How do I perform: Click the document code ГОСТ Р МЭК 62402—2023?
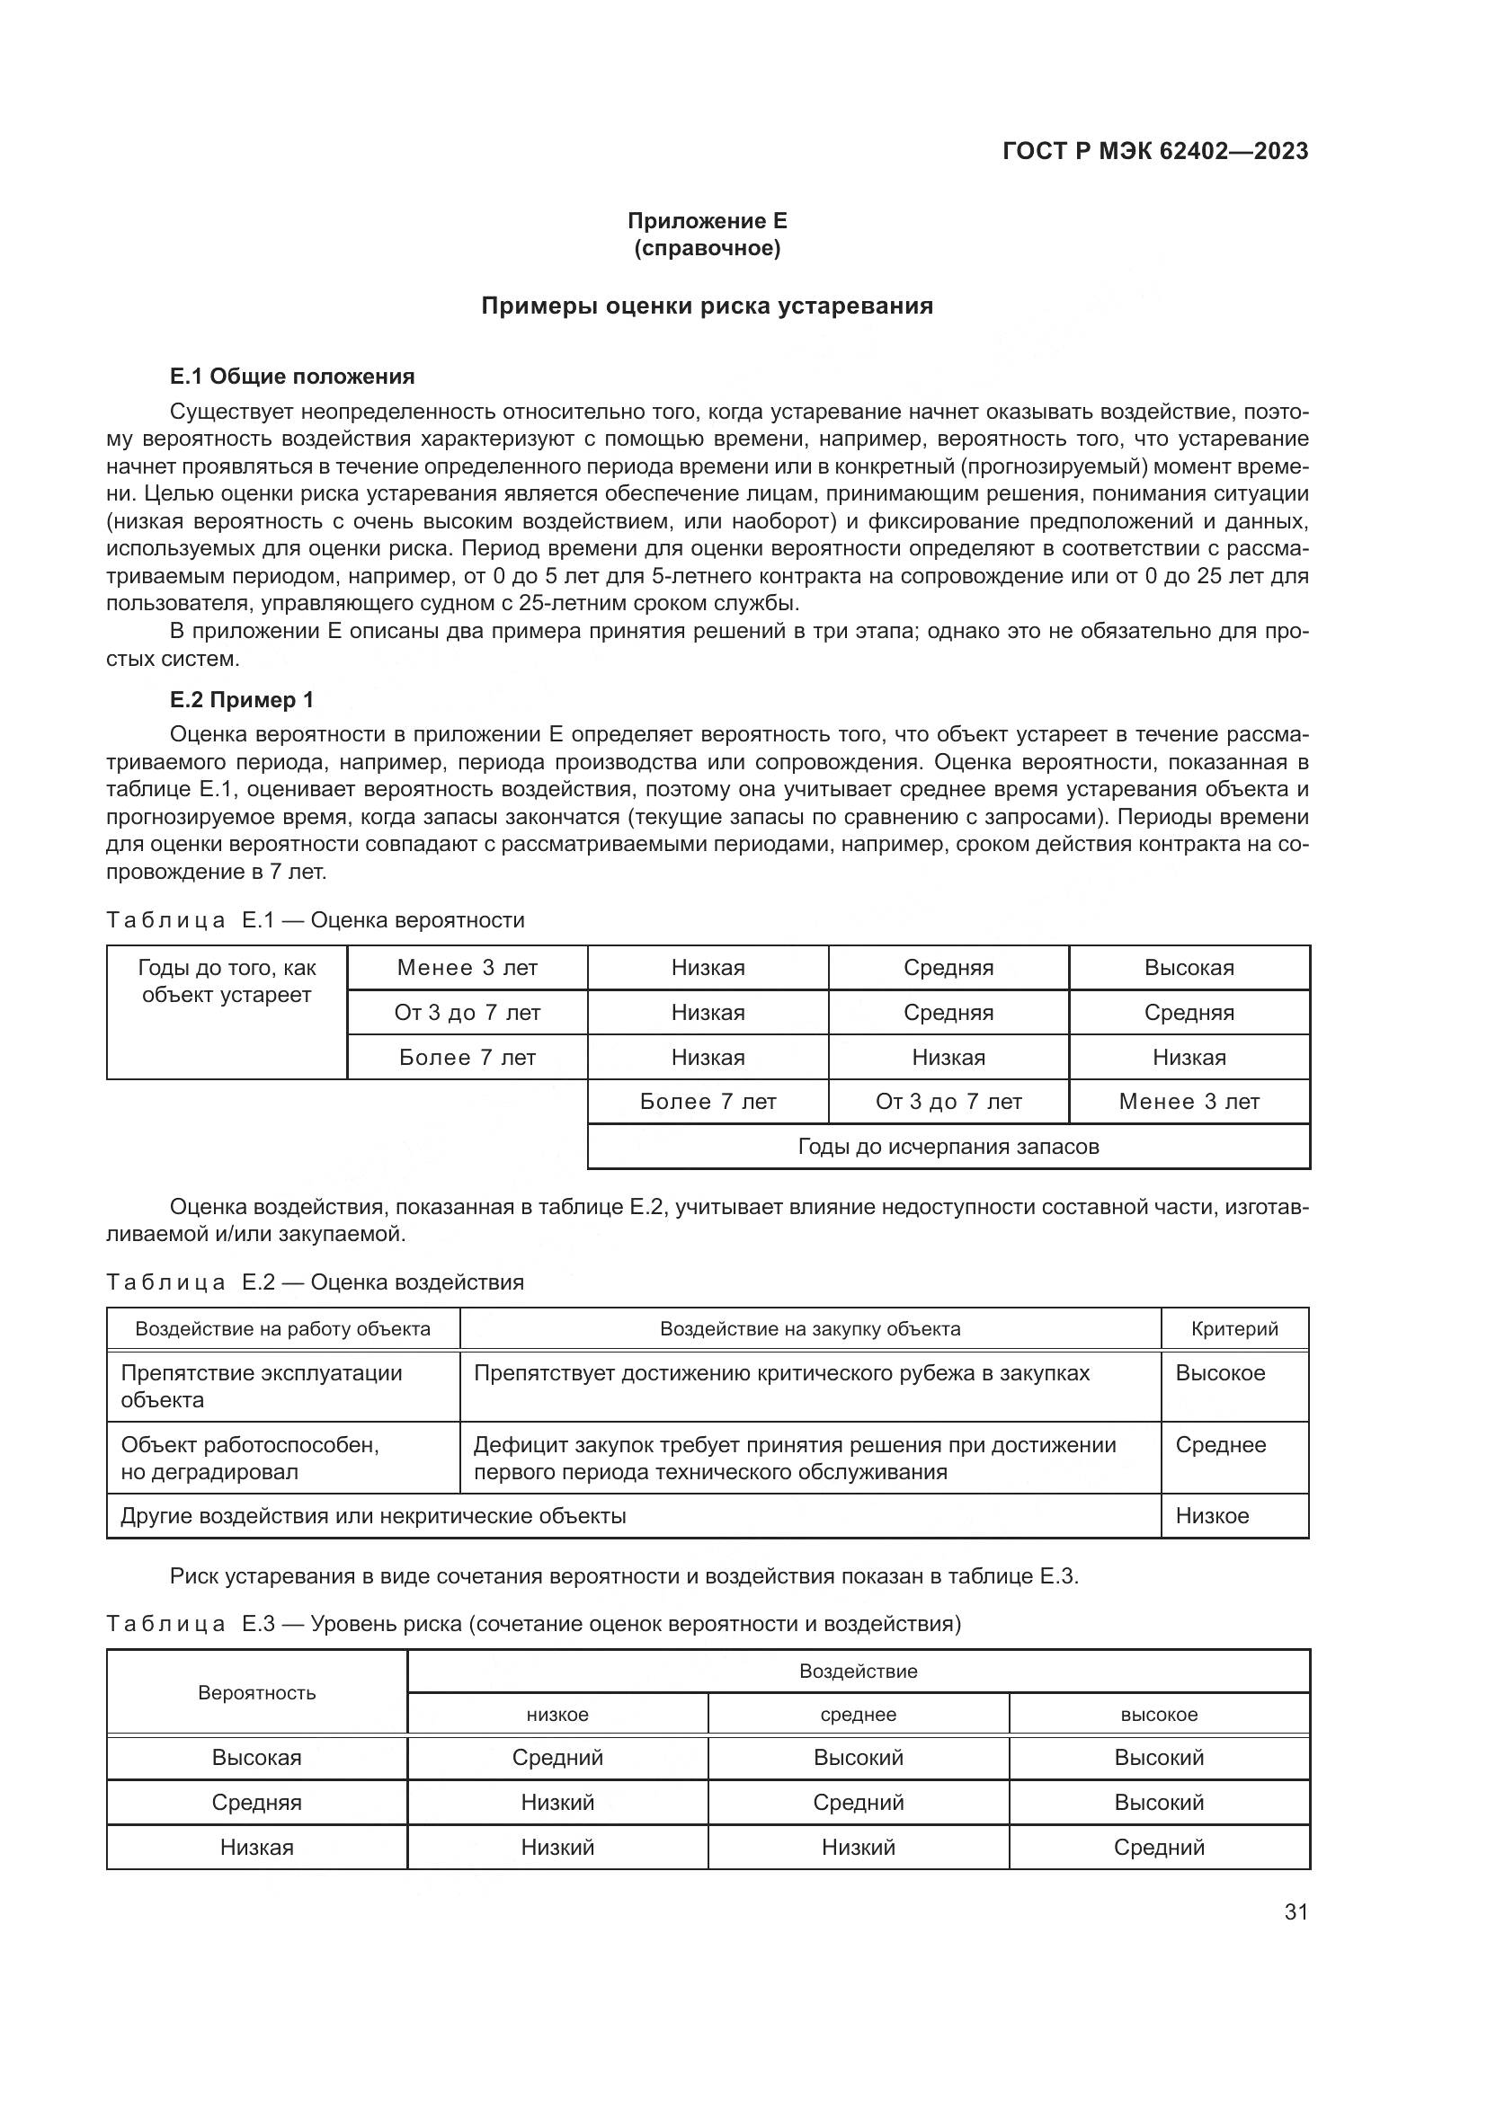tap(1154, 151)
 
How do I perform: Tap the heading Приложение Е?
tap(707, 221)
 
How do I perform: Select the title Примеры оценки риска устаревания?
tap(707, 306)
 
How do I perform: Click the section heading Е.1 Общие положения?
tap(292, 377)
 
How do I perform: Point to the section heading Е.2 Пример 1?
tap(242, 699)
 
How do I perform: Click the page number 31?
tap(1296, 1911)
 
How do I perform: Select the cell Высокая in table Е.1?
tap(1189, 968)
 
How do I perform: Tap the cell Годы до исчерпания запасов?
tap(948, 1146)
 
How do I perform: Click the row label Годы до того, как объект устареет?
tap(227, 981)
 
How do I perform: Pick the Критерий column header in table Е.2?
tap(1234, 1328)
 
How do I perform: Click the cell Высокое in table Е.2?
tap(1220, 1373)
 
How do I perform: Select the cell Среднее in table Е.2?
tap(1221, 1445)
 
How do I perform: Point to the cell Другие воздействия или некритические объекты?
tap(374, 1515)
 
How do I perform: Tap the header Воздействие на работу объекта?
tap(283, 1328)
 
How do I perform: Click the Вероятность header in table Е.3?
tap(256, 1693)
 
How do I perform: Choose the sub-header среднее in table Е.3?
tap(858, 1715)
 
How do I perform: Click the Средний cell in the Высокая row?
tap(557, 1758)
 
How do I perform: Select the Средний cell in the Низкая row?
tap(1158, 1847)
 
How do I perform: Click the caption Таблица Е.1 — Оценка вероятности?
tap(316, 920)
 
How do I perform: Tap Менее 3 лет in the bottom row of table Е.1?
tap(1189, 1102)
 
